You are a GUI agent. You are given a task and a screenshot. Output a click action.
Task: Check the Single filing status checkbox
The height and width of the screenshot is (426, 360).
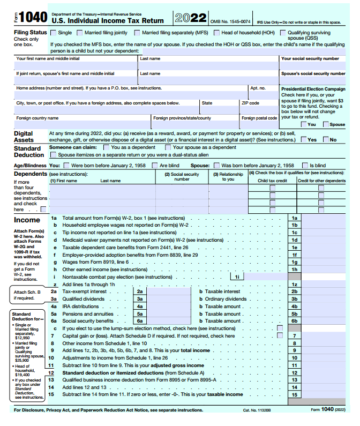[x=54, y=33]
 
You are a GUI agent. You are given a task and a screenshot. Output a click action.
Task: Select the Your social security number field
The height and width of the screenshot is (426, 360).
[x=313, y=66]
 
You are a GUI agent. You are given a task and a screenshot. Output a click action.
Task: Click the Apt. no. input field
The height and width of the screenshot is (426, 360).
[x=263, y=95]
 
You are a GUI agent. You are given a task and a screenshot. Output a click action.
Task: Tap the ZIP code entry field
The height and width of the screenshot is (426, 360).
[x=258, y=110]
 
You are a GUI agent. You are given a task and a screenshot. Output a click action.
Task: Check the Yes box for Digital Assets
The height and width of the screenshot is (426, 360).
[x=304, y=140]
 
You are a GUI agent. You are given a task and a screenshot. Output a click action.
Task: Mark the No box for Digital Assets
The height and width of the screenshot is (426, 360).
[x=326, y=140]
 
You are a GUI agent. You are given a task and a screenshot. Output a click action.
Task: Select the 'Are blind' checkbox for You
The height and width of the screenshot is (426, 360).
[x=156, y=166]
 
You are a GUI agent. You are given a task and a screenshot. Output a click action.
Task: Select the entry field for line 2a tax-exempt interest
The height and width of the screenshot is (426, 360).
[x=169, y=292]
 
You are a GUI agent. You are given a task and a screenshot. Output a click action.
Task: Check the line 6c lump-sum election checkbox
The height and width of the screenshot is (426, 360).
[x=280, y=328]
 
